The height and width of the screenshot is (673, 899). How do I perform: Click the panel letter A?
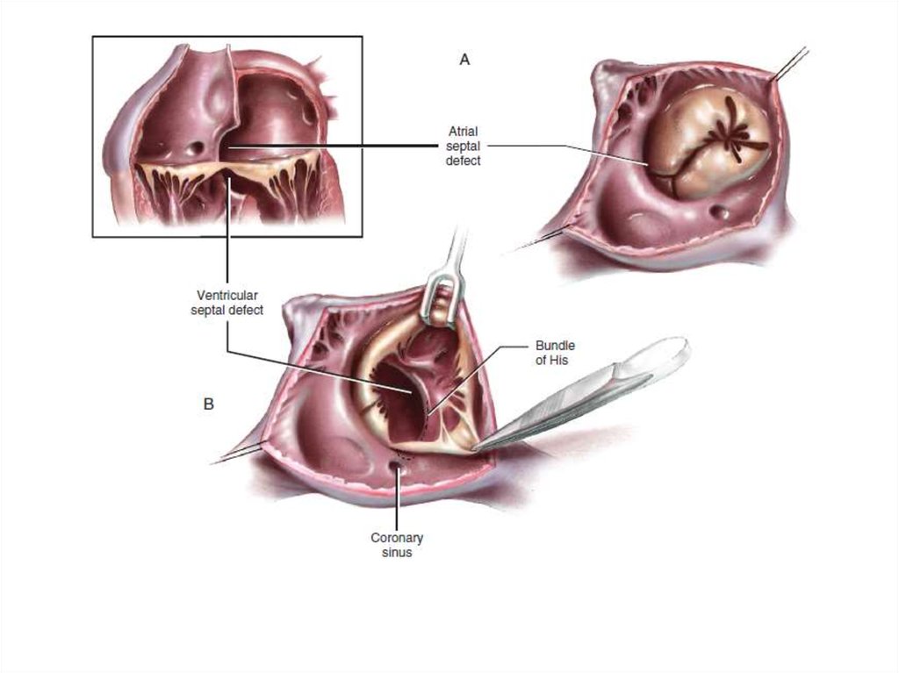pos(464,59)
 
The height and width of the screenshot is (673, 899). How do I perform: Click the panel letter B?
pos(209,405)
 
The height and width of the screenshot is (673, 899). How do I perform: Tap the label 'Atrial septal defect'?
pos(464,147)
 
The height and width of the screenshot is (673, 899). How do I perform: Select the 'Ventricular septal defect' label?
pos(227,303)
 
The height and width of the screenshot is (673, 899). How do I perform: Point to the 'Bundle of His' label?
pos(555,353)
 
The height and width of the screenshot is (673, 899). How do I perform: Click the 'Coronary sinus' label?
pos(397,545)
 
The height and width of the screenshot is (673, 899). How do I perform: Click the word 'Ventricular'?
pos(227,296)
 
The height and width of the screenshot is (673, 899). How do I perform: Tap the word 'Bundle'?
pos(555,346)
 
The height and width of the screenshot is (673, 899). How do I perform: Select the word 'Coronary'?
pos(397,538)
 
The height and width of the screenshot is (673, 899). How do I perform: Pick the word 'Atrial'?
pos(464,132)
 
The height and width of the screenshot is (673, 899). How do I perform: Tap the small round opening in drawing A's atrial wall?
pos(720,212)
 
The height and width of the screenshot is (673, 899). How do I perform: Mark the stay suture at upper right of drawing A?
pos(790,64)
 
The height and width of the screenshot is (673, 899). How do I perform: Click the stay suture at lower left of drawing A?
pos(541,239)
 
